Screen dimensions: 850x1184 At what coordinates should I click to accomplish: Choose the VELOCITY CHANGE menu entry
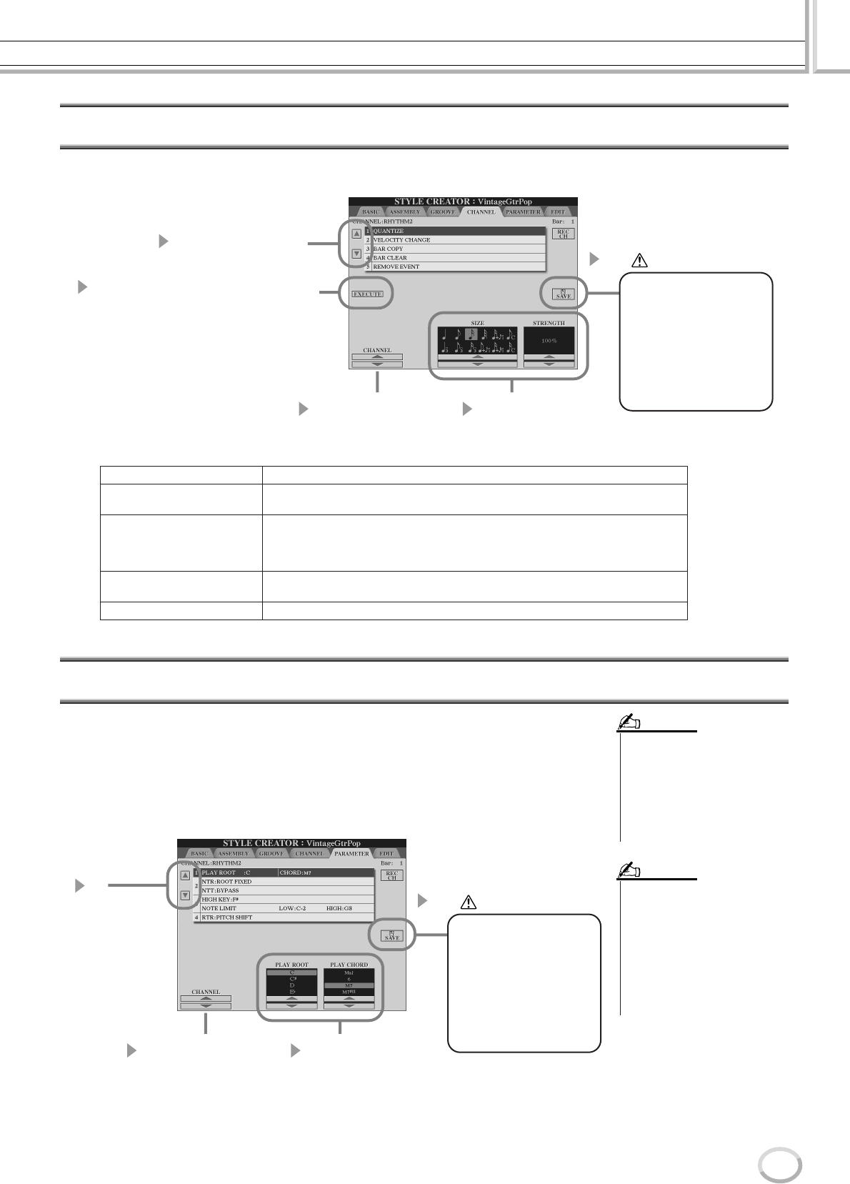(401, 240)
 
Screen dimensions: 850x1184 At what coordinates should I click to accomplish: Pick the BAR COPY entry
(389, 249)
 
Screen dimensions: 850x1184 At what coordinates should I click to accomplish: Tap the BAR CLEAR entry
(390, 258)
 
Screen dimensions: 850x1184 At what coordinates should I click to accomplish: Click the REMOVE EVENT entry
(396, 267)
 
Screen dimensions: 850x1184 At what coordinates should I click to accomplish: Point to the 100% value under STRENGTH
(549, 341)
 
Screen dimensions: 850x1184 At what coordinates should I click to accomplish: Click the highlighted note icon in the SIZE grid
(471, 333)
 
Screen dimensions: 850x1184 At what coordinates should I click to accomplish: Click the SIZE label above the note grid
(478, 323)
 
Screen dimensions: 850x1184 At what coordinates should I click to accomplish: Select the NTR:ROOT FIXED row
(227, 882)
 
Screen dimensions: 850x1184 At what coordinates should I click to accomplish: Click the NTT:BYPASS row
(221, 890)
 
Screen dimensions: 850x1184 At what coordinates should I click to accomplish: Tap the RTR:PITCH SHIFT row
(226, 917)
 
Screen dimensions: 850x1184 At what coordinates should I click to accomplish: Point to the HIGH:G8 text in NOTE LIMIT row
(339, 908)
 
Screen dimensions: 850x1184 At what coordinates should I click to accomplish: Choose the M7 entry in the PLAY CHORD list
(349, 985)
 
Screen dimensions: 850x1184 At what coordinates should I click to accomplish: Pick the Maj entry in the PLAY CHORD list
(349, 972)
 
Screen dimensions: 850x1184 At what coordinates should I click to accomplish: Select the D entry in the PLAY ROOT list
(291, 985)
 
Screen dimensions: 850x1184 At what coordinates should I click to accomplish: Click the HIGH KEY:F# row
(220, 900)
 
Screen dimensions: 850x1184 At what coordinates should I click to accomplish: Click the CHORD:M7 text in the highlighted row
(295, 873)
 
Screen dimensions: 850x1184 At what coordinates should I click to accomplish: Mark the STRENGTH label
(549, 323)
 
